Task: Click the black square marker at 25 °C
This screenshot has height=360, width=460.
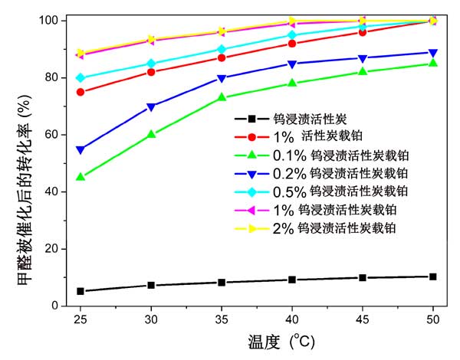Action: click(80, 291)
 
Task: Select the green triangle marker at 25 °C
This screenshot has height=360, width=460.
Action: click(80, 177)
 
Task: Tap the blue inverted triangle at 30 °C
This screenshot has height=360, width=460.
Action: click(151, 106)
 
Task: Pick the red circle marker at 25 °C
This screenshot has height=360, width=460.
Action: click(80, 92)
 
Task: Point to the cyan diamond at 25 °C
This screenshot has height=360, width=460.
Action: click(80, 77)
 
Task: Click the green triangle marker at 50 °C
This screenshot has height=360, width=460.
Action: click(433, 63)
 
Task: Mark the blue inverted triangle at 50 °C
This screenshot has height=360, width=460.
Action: click(433, 53)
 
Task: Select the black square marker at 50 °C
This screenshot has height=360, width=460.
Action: click(433, 277)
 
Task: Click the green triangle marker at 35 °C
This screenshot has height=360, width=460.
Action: click(222, 97)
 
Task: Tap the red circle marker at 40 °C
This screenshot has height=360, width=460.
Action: click(292, 44)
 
